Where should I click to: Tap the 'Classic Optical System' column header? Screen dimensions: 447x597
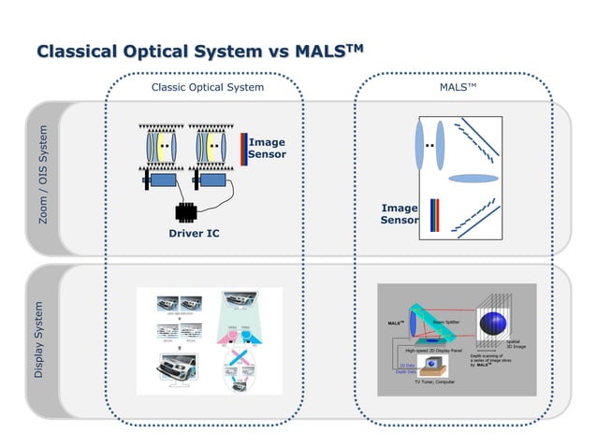[207, 87]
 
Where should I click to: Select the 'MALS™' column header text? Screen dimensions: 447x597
[459, 87]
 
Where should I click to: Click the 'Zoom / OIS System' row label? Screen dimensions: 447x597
[43, 177]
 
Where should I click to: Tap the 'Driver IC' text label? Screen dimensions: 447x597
[194, 233]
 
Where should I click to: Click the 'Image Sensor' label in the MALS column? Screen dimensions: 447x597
[400, 214]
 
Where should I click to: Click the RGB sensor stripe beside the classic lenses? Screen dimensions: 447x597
[244, 149]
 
